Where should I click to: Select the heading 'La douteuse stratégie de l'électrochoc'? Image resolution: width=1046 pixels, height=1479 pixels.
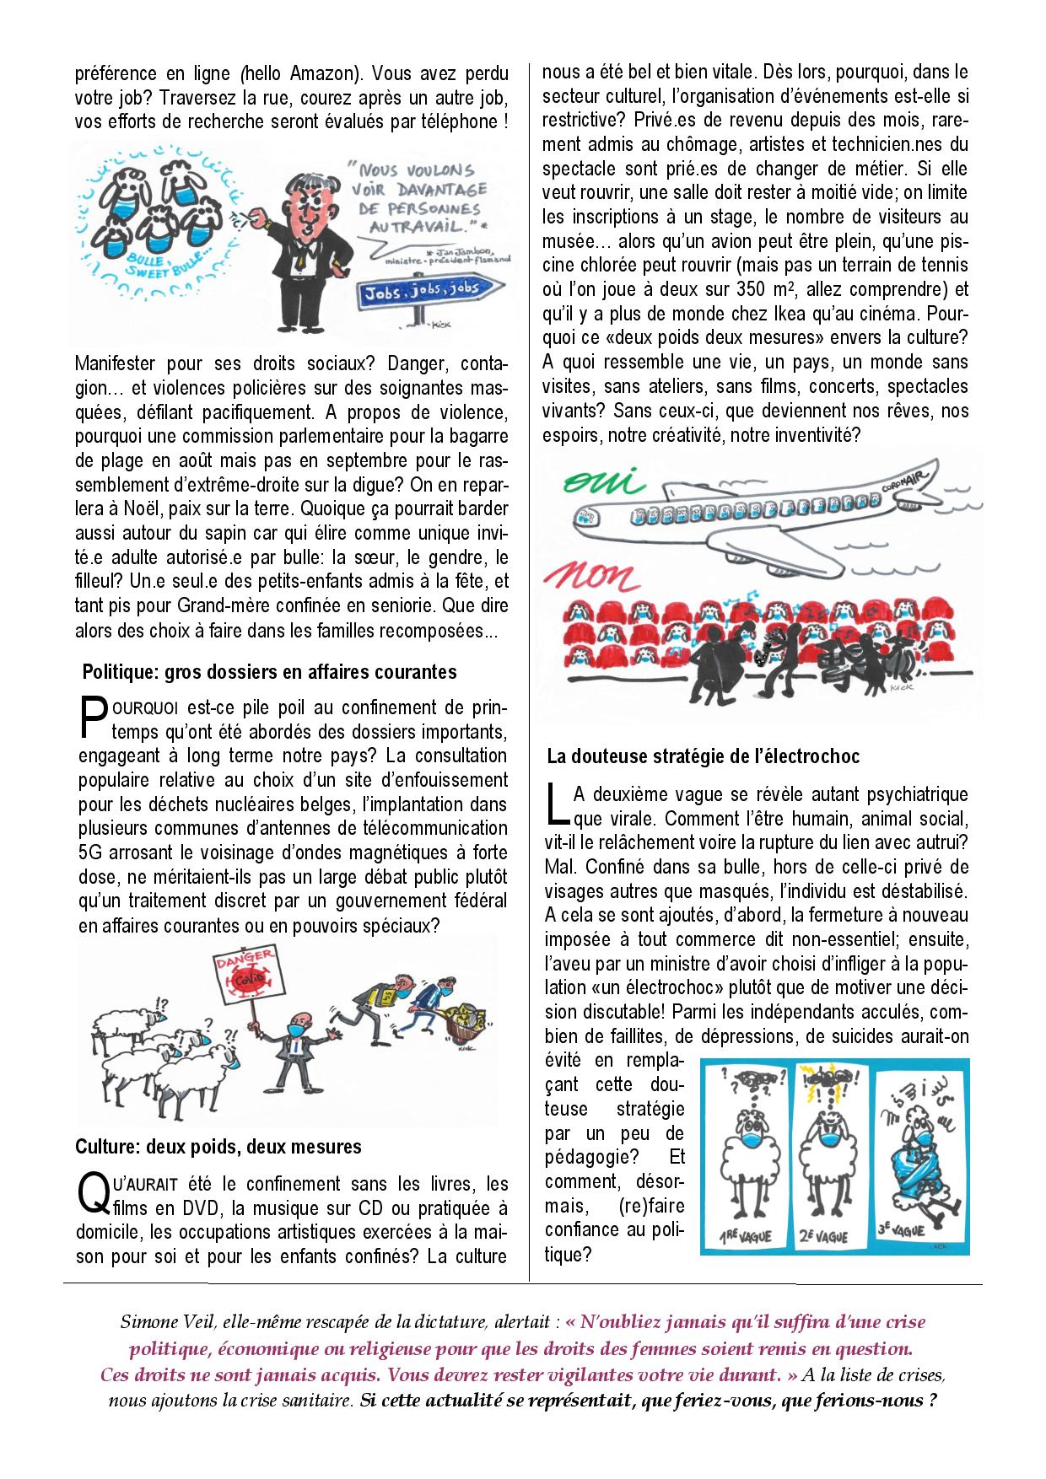pos(703,756)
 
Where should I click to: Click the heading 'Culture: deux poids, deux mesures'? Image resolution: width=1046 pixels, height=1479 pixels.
pos(218,1147)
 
